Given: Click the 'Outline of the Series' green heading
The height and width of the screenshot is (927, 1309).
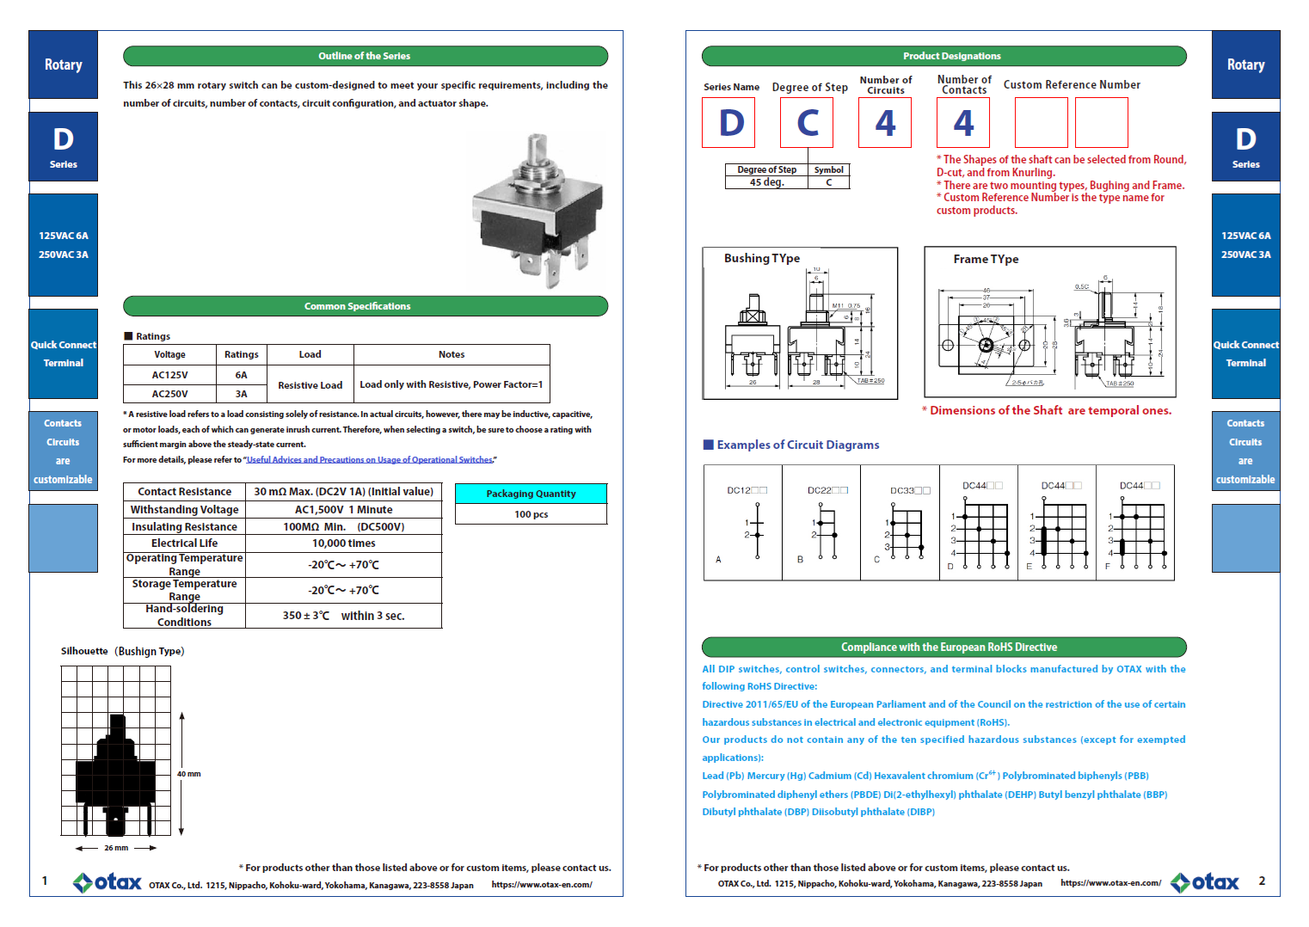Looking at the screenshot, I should [x=365, y=56].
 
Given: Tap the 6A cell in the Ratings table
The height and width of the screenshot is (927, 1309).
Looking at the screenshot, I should [x=241, y=375].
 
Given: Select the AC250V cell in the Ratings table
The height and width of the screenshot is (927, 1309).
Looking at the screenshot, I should [x=169, y=394].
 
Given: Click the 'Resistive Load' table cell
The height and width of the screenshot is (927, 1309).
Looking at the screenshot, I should [x=310, y=385].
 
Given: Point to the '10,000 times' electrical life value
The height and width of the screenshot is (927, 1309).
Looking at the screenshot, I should [x=343, y=543].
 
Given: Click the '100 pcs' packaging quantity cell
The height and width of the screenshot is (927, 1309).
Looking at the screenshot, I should [x=531, y=514].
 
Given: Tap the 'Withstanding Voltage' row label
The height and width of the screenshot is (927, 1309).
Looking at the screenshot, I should [x=184, y=510].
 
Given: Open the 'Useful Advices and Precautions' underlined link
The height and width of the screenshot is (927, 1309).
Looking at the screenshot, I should [x=370, y=460].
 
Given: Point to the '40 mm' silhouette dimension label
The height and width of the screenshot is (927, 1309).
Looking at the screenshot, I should [x=188, y=774].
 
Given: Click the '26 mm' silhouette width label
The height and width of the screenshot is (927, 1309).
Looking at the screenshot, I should [x=116, y=848].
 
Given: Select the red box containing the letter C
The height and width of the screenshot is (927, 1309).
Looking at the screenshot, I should [x=807, y=123].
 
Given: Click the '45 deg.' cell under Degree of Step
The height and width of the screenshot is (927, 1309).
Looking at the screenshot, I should [x=766, y=182].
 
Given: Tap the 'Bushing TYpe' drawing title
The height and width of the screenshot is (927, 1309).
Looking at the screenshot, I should [x=761, y=259].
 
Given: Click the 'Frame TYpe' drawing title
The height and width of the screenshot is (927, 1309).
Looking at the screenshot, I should [x=986, y=260].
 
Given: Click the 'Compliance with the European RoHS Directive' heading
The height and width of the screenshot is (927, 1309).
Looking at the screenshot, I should [x=949, y=648].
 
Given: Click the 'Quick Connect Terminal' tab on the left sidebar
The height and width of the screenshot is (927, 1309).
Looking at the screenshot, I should [x=64, y=353].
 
